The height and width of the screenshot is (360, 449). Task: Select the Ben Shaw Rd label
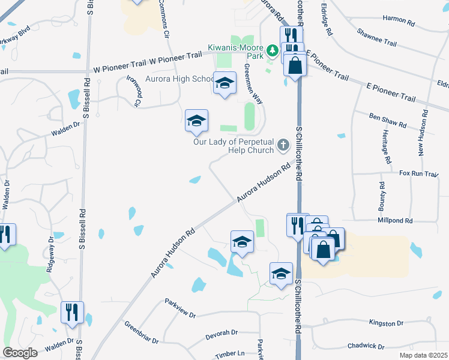387,119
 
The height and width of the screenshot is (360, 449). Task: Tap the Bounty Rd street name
381,196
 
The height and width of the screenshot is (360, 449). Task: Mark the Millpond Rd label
395,221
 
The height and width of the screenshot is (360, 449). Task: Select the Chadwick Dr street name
365,346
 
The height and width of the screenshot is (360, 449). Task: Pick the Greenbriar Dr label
142,332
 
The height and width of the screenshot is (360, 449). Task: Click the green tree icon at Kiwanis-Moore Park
273,48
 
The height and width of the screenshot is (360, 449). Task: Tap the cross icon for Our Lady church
283,145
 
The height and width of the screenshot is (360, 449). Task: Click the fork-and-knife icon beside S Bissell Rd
71,311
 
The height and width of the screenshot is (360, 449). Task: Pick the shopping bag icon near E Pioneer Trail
295,64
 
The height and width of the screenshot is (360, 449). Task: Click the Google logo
20,353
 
